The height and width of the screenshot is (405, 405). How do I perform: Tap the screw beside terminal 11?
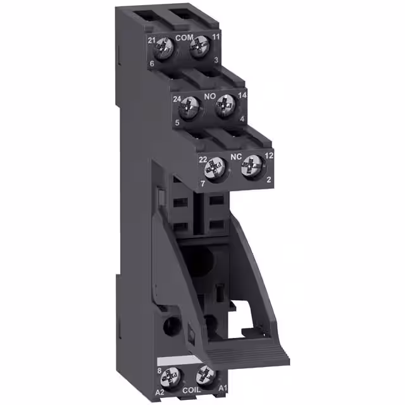[199, 45]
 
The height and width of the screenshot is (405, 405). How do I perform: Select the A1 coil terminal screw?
[203, 375]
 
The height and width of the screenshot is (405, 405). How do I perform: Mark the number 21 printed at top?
[152, 40]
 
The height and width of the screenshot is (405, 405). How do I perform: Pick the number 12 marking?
[269, 156]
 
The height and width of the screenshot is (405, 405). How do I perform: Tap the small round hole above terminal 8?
[168, 330]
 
